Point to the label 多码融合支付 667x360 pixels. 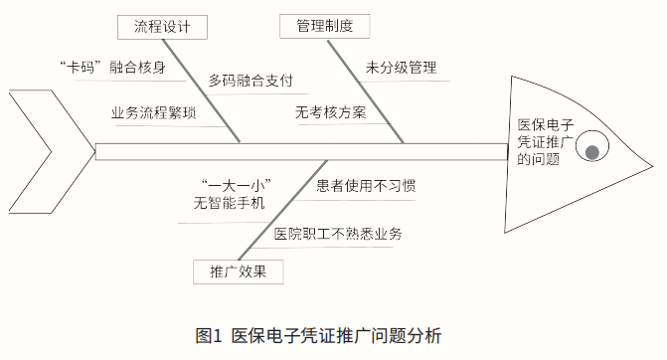[250, 81]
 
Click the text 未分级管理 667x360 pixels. [401, 69]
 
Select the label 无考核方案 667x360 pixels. [330, 112]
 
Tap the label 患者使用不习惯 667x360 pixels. [366, 186]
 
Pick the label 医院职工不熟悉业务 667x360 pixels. [338, 235]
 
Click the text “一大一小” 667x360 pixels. [236, 186]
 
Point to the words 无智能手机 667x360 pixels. [230, 204]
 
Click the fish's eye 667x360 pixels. [592, 151]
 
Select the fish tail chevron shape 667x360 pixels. [30, 151]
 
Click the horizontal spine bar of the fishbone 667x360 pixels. [298, 151]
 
